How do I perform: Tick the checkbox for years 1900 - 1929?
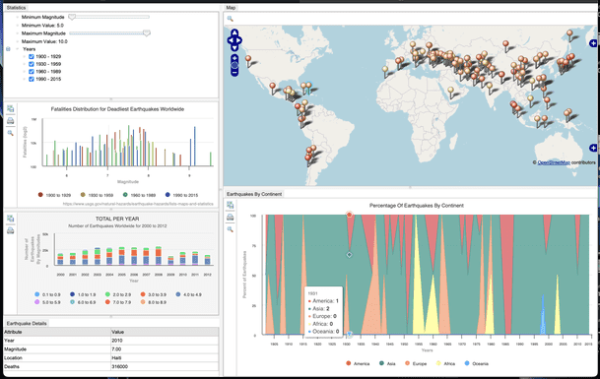click(x=32, y=57)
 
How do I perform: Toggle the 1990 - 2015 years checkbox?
click(x=32, y=79)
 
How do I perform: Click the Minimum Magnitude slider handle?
click(x=72, y=17)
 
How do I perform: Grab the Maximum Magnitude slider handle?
click(x=147, y=33)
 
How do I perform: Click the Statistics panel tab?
click(x=17, y=7)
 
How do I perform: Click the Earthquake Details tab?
click(x=27, y=323)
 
